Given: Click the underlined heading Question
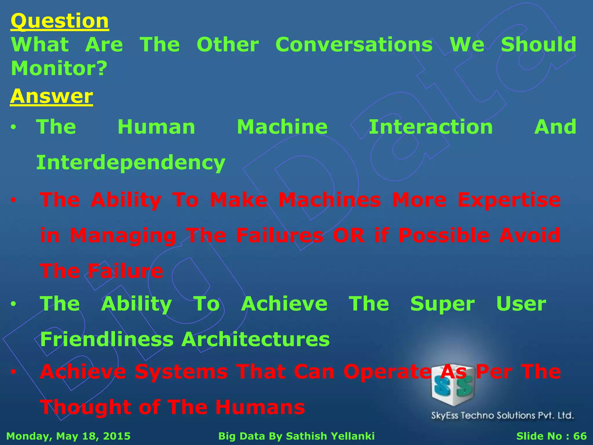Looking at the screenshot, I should click(x=60, y=21).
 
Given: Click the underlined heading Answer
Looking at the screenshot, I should click(x=52, y=96).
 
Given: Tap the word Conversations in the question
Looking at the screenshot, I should click(x=354, y=45).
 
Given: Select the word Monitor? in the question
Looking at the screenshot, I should click(x=59, y=68).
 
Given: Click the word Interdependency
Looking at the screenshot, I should click(x=131, y=163).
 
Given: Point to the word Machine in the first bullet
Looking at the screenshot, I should click(x=282, y=127).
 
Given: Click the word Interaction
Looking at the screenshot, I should click(x=431, y=127).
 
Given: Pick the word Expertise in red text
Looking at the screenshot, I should click(x=509, y=200).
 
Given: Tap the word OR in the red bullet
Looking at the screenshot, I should click(x=348, y=235).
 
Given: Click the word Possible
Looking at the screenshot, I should click(x=444, y=235).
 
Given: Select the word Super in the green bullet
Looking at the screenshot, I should click(x=442, y=304).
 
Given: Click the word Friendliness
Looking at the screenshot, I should click(x=107, y=339).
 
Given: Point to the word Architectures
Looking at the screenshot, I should click(x=255, y=339).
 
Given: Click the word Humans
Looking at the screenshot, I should click(x=260, y=407).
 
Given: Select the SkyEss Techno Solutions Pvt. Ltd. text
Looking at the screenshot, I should click(x=502, y=415).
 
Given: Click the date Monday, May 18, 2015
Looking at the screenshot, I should click(x=68, y=436).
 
